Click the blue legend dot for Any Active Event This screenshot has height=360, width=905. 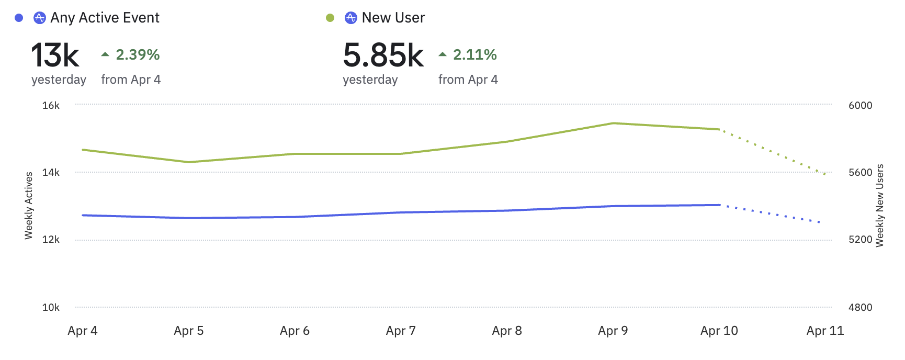[x=19, y=18]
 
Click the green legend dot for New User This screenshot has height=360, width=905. [x=330, y=18]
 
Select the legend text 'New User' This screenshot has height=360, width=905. [x=393, y=18]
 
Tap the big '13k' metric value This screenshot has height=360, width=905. [x=55, y=55]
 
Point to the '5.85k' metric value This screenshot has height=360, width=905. [x=383, y=55]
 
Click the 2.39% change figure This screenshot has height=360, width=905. [x=138, y=54]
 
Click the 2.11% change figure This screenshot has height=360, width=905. [x=474, y=54]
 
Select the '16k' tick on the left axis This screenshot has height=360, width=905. [x=51, y=105]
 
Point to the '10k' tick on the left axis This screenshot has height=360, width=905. [x=51, y=307]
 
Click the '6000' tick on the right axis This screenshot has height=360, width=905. [x=860, y=105]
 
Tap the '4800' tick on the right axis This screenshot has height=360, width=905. [x=860, y=307]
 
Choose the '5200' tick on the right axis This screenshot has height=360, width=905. [x=860, y=240]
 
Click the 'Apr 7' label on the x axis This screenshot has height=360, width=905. [x=401, y=331]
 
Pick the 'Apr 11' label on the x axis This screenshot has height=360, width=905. [x=825, y=331]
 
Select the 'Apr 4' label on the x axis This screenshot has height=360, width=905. [x=83, y=331]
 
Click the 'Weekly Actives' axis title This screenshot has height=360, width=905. [x=29, y=206]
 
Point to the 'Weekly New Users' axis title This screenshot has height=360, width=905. [x=880, y=206]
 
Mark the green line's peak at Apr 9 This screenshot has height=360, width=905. [x=613, y=123]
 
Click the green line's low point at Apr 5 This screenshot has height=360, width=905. [x=189, y=162]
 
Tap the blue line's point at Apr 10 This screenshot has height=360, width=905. [x=719, y=205]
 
